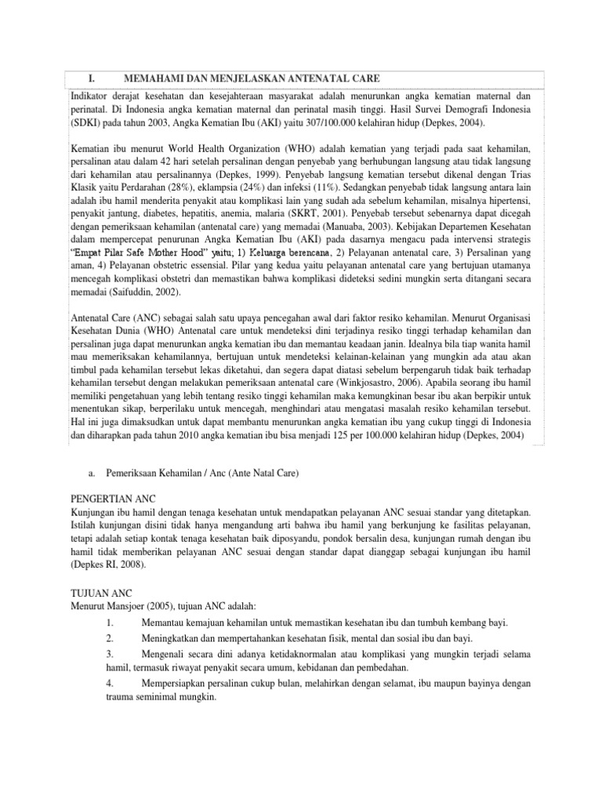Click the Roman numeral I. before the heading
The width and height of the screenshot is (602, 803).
90,78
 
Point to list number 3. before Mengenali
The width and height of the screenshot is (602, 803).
110,653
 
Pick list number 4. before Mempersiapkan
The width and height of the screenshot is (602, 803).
110,683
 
